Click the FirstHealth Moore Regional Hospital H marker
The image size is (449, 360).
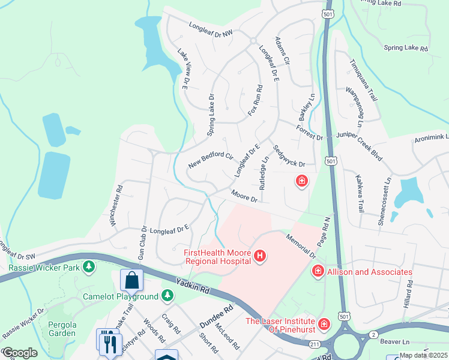tap(260, 257)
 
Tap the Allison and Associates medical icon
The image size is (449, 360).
tap(318, 272)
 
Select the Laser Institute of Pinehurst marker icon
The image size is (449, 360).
tap(325, 325)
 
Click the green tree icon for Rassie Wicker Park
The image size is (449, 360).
tap(89, 265)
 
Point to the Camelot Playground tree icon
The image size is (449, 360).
tap(167, 296)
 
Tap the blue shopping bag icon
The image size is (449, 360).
tap(131, 280)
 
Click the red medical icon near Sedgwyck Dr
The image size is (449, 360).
tap(301, 180)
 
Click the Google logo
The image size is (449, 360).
tap(20, 353)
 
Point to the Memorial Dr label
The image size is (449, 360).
tap(300, 246)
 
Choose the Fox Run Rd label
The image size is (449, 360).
tap(255, 100)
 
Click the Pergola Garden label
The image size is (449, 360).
tap(62, 328)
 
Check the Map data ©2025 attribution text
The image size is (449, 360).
tap(423, 355)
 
